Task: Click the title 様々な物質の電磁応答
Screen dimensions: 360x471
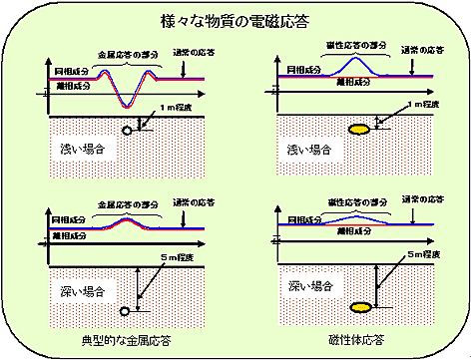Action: click(235, 19)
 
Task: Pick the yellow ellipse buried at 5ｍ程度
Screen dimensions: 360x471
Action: click(359, 306)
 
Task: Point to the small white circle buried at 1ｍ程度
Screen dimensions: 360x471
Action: click(127, 130)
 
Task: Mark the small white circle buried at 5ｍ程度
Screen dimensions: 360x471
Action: click(126, 306)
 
